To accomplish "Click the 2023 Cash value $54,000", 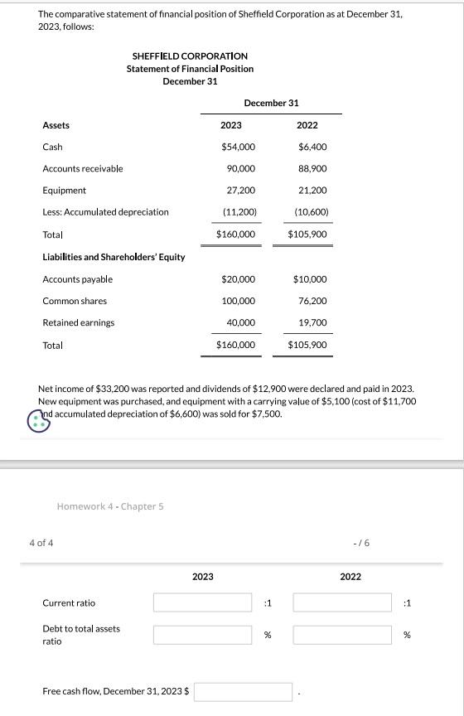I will click(238, 147).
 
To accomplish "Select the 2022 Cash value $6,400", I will click(312, 147).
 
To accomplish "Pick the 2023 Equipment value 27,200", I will click(240, 190).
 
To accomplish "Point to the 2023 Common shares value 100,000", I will click(238, 301).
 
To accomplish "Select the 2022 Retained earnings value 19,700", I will click(312, 322).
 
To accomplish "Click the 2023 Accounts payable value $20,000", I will click(238, 279).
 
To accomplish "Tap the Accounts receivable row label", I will click(82, 168).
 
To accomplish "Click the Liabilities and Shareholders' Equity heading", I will click(114, 257).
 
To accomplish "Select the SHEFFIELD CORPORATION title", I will click(190, 56).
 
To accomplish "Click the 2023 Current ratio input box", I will click(202, 602).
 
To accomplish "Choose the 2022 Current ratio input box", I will click(341, 602).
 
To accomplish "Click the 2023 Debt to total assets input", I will click(202, 635).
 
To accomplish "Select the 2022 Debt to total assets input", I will click(341, 635).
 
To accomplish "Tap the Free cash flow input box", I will click(243, 690).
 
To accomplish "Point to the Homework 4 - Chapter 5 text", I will click(110, 506).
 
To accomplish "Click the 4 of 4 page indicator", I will click(36, 543).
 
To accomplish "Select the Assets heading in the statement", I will click(56, 125).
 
